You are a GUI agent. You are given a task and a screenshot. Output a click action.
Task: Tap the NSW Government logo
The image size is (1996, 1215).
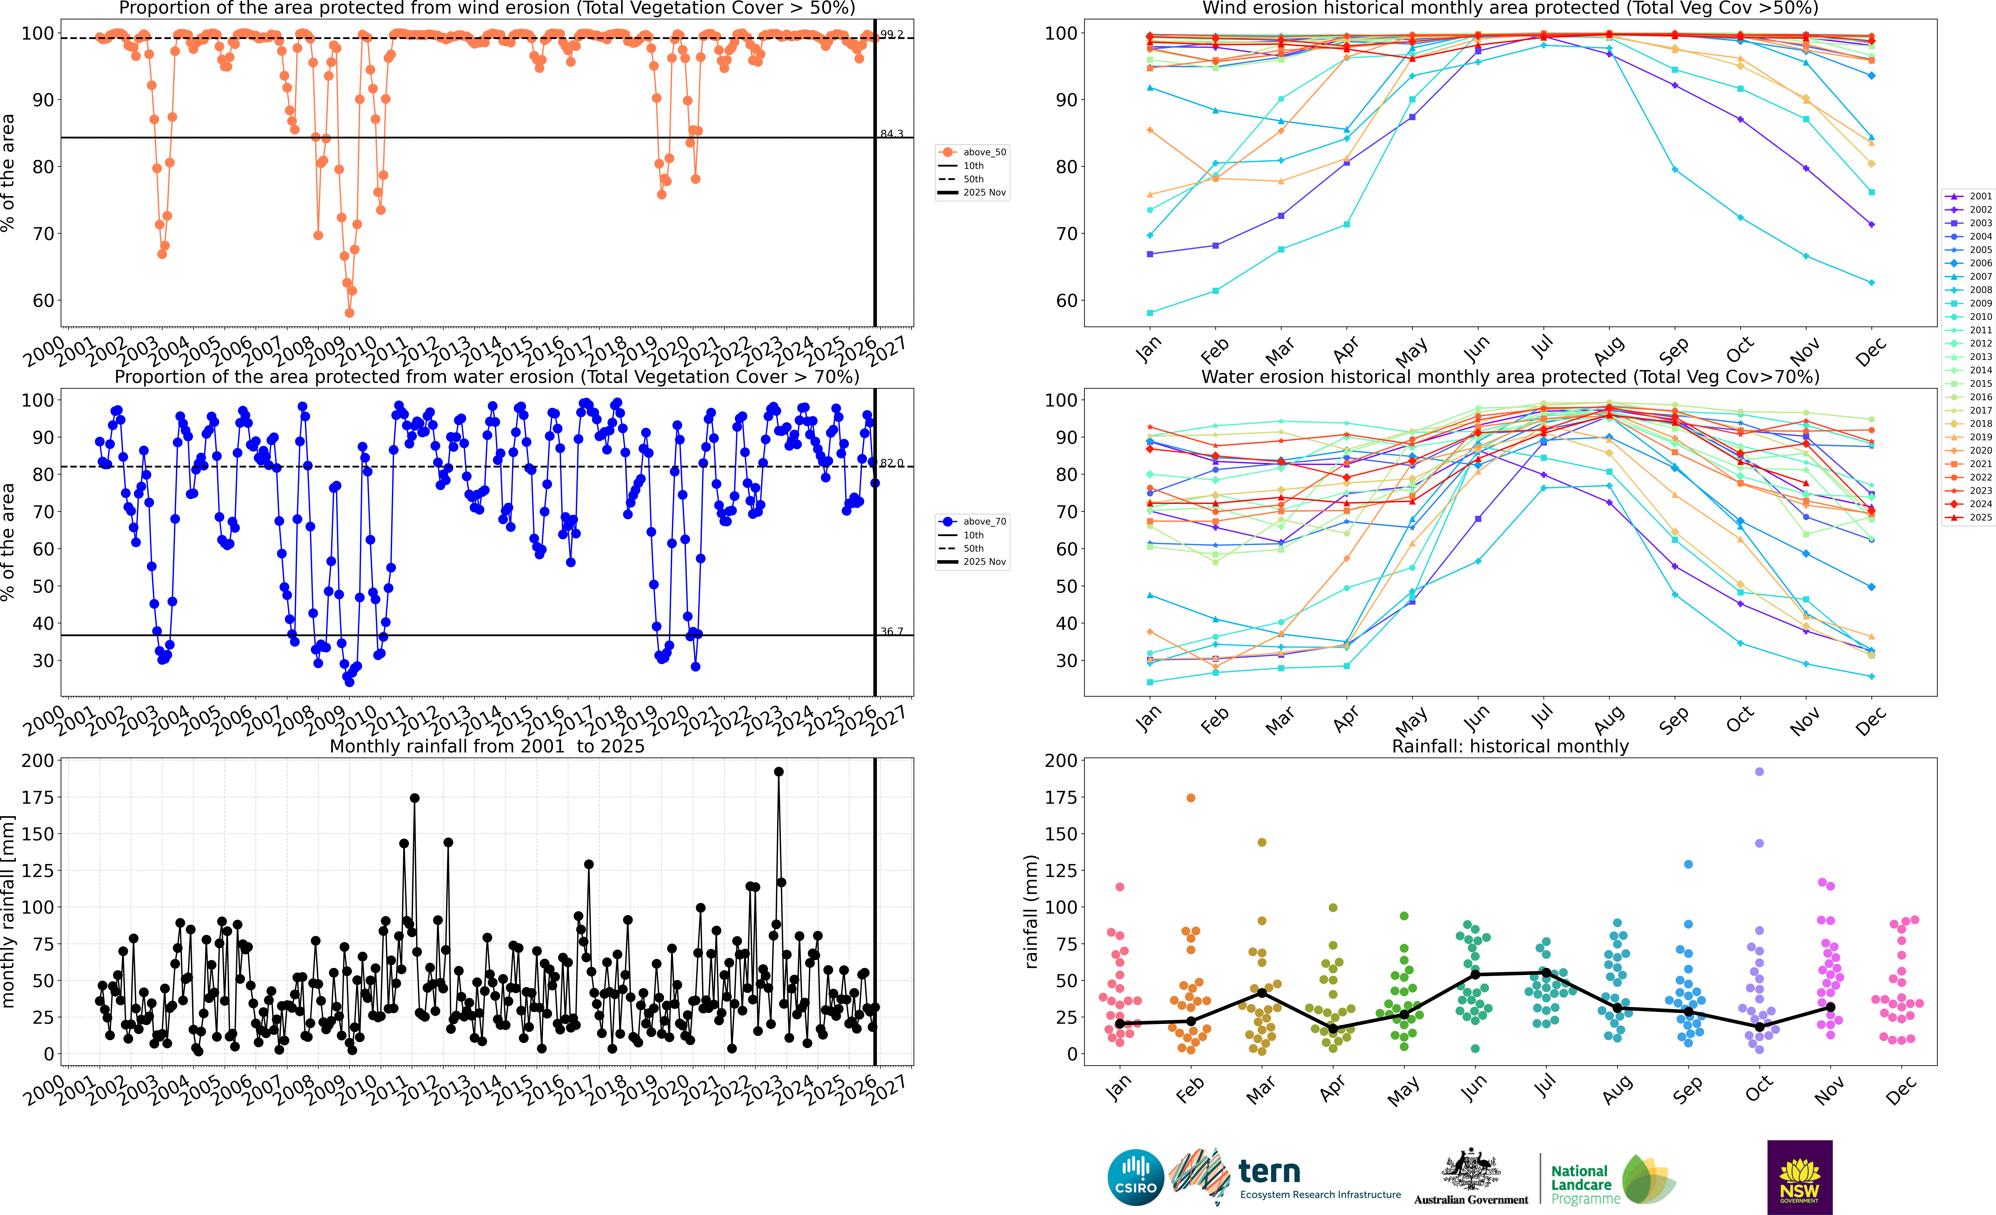1799,1177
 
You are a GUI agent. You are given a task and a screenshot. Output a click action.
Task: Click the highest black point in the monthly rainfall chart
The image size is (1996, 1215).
779,772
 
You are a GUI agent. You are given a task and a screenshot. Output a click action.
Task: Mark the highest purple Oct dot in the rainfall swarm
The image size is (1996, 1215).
1759,772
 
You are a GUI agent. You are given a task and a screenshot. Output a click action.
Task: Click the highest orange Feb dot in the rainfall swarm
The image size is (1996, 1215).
1191,798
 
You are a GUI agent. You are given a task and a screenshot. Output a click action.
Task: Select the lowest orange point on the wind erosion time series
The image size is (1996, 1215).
349,313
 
